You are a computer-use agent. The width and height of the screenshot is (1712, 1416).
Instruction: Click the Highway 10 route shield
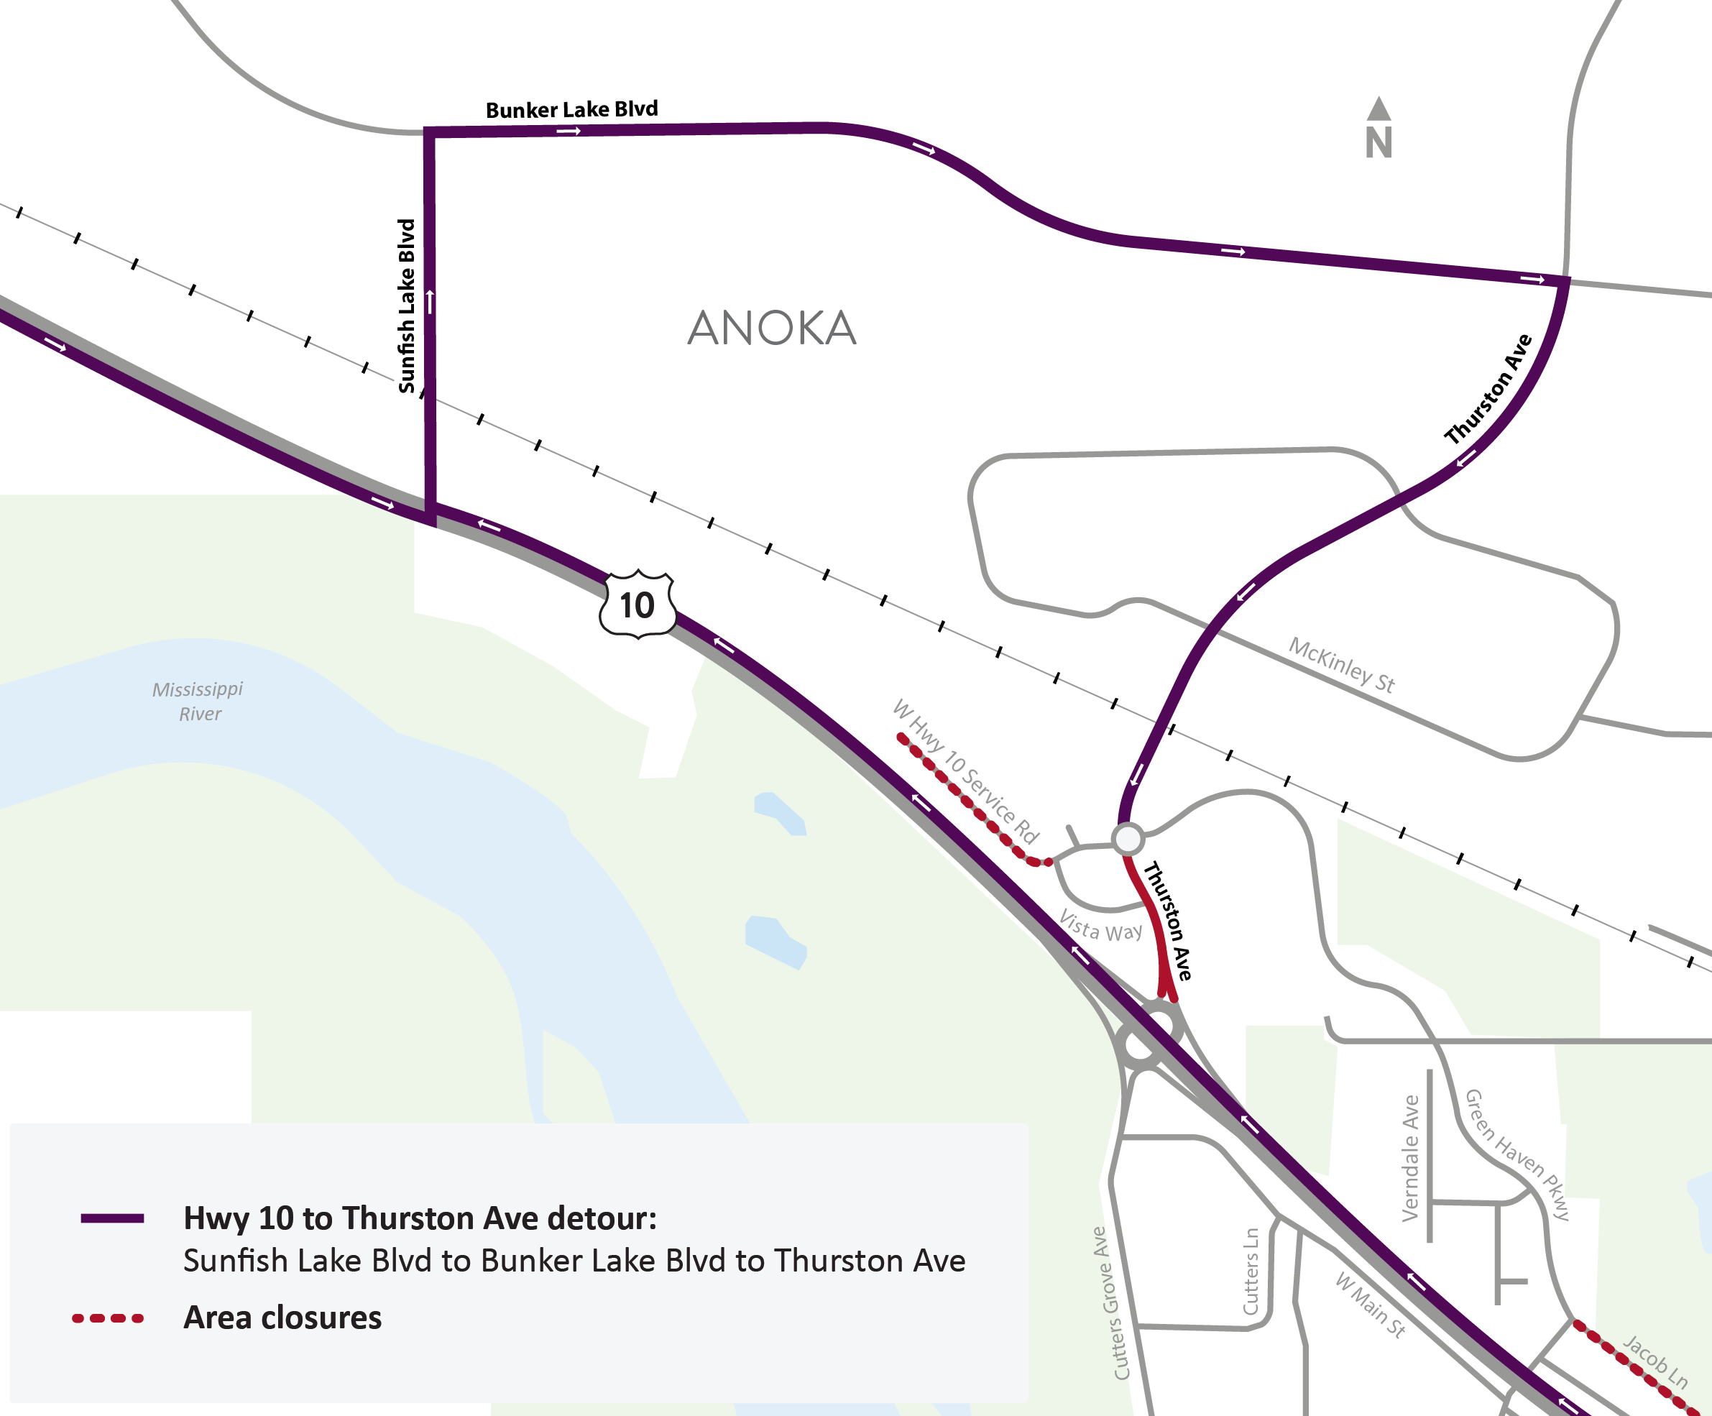(x=638, y=605)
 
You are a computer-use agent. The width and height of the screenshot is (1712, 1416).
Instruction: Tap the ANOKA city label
(x=771, y=328)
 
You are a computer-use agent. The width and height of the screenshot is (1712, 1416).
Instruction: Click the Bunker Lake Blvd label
(x=571, y=109)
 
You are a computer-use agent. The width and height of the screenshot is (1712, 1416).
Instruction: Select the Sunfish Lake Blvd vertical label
(x=407, y=305)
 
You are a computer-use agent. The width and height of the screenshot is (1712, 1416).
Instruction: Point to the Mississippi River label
(x=198, y=701)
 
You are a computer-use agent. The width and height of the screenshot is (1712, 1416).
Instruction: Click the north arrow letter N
(x=1379, y=142)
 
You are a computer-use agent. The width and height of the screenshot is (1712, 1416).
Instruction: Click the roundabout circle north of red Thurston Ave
(x=1128, y=838)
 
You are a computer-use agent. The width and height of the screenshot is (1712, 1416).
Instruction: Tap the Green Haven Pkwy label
(x=1517, y=1154)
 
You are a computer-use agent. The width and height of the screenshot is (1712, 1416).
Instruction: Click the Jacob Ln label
(x=1655, y=1361)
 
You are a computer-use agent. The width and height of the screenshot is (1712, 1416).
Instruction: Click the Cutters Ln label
(x=1251, y=1271)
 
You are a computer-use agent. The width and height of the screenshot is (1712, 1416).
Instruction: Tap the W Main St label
(x=1371, y=1305)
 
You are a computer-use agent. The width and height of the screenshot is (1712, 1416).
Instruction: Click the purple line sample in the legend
(x=113, y=1218)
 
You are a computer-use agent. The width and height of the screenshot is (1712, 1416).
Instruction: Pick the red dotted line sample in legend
(x=108, y=1318)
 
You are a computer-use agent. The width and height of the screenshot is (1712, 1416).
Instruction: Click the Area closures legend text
(x=282, y=1318)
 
